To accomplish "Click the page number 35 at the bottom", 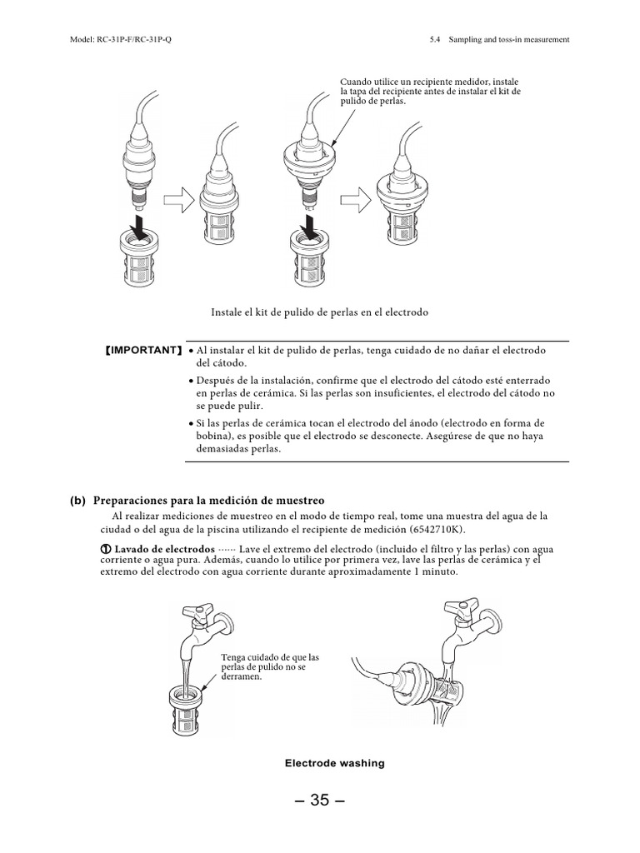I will click(319, 801).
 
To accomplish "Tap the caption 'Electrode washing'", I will click(334, 763).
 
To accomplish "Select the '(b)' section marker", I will click(78, 501).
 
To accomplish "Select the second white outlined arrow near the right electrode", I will click(356, 199).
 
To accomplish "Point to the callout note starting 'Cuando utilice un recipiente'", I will click(430, 92).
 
